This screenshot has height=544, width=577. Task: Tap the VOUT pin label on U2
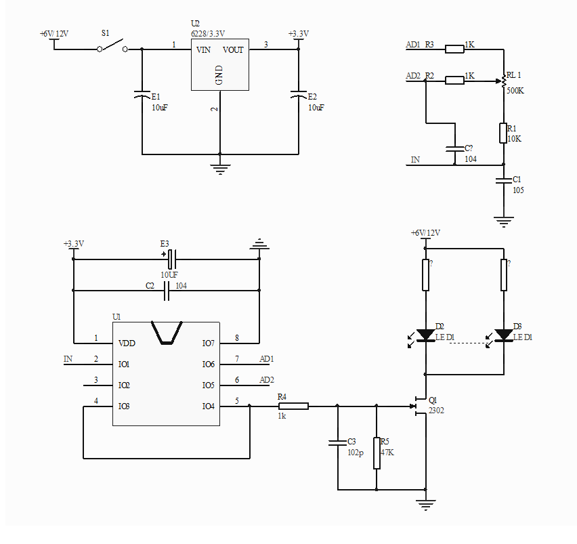[x=233, y=49]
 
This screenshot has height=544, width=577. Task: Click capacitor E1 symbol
[x=142, y=95]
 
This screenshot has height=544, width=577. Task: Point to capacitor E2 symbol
[x=298, y=95]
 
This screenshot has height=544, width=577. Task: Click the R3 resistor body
[x=454, y=48]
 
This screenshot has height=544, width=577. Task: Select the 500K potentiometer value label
[x=515, y=90]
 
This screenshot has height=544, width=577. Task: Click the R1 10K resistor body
[x=503, y=133]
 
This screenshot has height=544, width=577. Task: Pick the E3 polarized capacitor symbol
[x=171, y=257]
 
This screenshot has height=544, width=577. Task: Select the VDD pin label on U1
[x=127, y=343]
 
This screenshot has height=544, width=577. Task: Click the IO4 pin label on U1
[x=208, y=406]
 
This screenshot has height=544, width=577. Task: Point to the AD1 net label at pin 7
[x=267, y=358]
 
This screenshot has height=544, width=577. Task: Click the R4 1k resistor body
[x=293, y=406]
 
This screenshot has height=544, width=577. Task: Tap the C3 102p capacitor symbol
[x=337, y=442]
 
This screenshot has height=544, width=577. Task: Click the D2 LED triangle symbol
[x=425, y=335]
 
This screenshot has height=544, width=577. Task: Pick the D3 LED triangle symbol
[x=504, y=335]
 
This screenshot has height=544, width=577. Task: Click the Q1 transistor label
[x=433, y=400]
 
